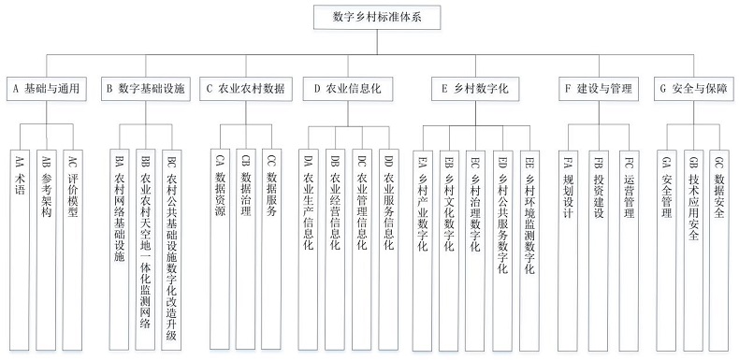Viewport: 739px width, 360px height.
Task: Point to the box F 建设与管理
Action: pos(599,90)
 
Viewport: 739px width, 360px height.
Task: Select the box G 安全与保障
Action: pos(693,90)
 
